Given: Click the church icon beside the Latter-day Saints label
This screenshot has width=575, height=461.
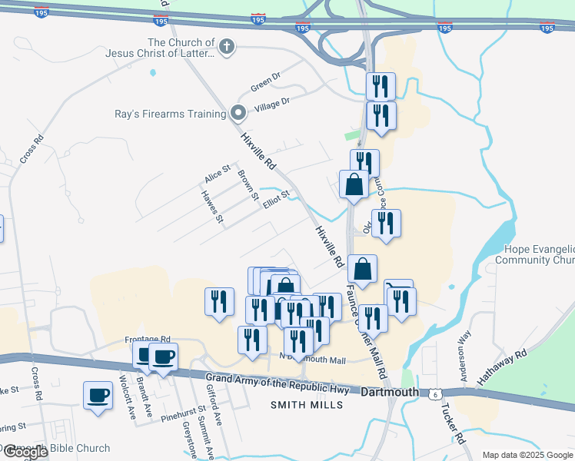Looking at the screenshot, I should (226, 47).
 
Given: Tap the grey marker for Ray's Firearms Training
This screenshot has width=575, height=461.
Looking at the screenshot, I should (238, 114).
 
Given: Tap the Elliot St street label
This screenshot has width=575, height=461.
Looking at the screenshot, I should (275, 198).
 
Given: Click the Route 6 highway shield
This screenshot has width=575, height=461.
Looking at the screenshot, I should (435, 393).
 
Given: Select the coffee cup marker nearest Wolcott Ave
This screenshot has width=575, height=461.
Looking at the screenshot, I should (98, 396).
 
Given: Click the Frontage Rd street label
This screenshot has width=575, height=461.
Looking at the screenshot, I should (147, 339).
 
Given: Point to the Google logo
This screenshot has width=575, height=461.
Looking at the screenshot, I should (25, 452).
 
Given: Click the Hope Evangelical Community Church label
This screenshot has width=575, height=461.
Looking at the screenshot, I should (539, 254).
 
